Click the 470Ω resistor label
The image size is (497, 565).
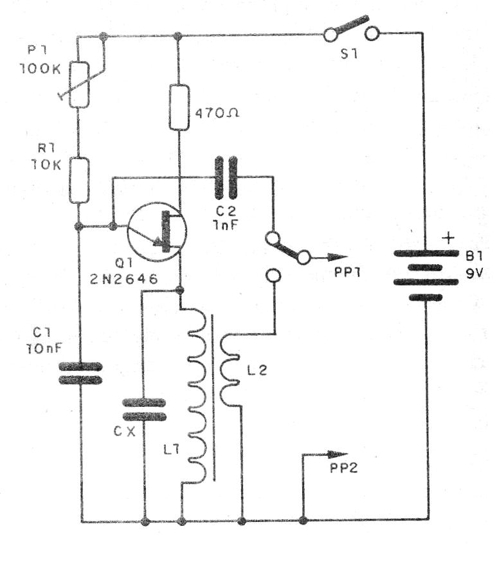tap(210, 117)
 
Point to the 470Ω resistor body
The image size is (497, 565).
tap(179, 107)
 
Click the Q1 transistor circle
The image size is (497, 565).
tap(157, 231)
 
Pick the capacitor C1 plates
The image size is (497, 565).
tap(80, 373)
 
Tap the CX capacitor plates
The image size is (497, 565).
tap(144, 409)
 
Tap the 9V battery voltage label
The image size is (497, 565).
tap(476, 274)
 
